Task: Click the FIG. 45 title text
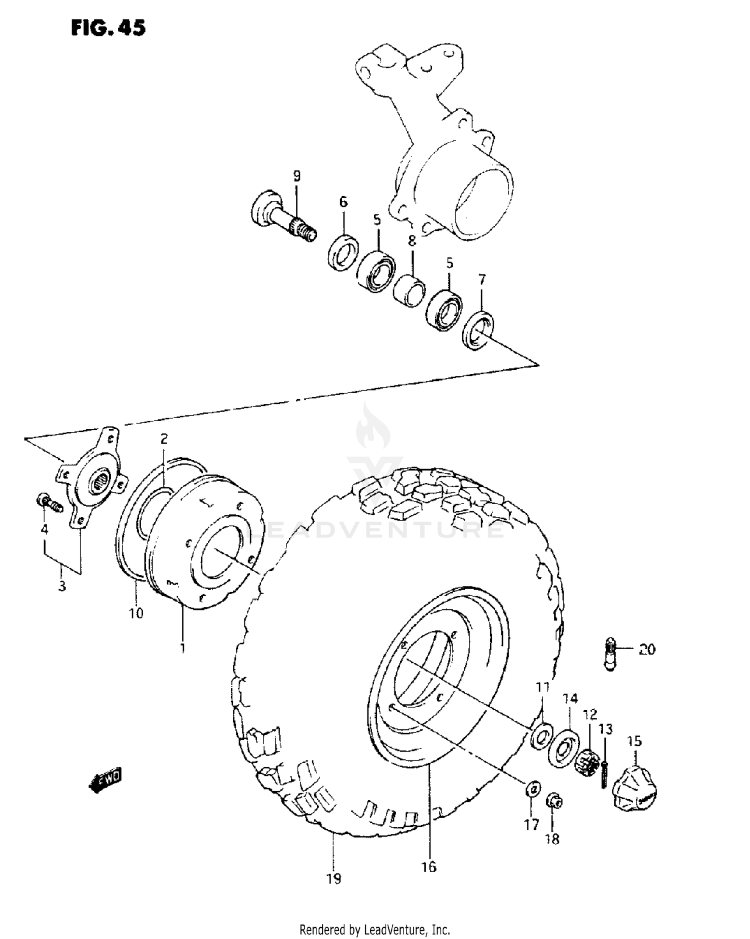pos(108,27)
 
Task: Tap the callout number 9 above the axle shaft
pos(297,176)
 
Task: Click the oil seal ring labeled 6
pos(343,252)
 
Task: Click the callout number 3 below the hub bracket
pos(62,586)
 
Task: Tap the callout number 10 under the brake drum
pos(136,613)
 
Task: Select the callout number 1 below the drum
pos(182,648)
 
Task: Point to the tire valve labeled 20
pos(610,654)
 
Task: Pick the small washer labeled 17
pos(533,789)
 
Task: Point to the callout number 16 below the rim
pos(428,866)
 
